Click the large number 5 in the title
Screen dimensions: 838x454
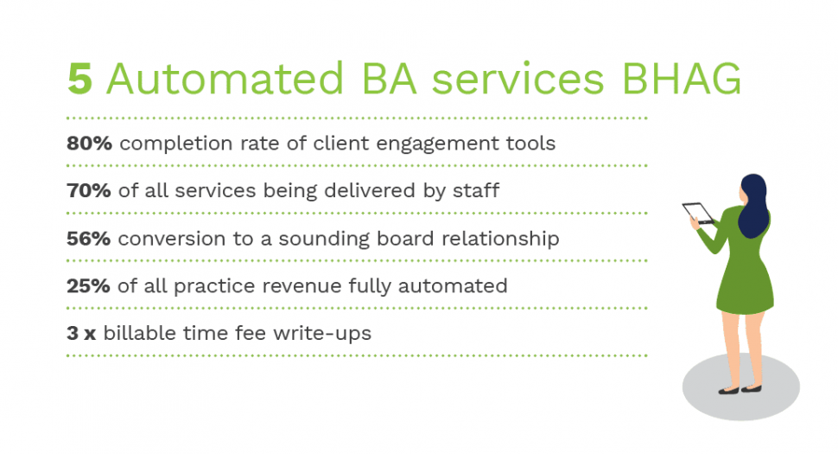(80, 79)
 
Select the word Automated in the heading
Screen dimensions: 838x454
(225, 79)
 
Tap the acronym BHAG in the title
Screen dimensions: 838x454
(682, 79)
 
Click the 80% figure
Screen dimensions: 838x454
(89, 144)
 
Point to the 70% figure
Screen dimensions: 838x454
(89, 190)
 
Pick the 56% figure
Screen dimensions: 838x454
(89, 239)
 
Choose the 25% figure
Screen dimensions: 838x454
(88, 286)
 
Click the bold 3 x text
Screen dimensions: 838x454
(81, 333)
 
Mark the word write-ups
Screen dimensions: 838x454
(322, 334)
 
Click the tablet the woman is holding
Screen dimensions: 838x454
(698, 213)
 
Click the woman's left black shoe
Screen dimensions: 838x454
(728, 390)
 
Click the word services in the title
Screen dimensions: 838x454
(517, 79)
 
